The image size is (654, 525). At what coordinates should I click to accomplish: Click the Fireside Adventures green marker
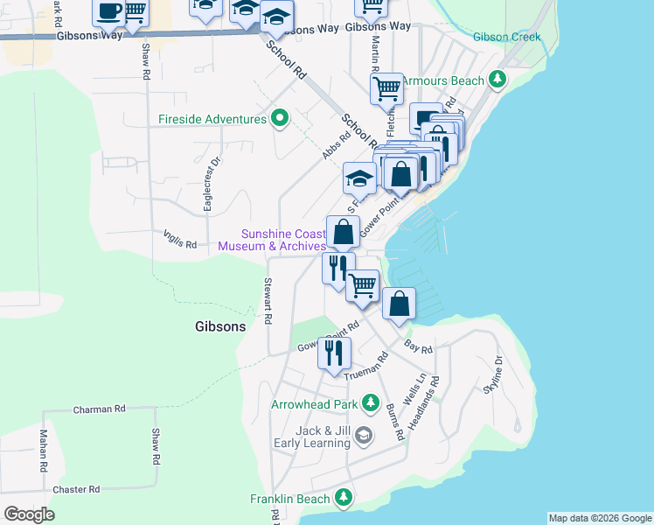tap(280, 119)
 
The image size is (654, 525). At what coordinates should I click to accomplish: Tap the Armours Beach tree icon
tap(497, 80)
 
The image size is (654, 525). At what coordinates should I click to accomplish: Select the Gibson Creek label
tap(506, 38)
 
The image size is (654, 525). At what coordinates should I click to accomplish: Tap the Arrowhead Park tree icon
tap(371, 404)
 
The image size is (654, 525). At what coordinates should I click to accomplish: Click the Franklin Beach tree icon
tap(344, 499)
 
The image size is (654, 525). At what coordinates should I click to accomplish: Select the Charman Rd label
tap(100, 409)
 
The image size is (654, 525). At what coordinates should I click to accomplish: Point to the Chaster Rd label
tap(76, 489)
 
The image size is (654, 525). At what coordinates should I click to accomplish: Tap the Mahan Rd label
tap(43, 451)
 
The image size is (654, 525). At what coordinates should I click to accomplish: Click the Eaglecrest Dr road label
tap(209, 185)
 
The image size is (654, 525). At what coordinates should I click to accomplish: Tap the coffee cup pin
tap(109, 10)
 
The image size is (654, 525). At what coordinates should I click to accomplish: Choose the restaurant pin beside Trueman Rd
tap(334, 352)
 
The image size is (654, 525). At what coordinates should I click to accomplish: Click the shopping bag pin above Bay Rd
tap(399, 304)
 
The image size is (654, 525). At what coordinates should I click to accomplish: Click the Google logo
tap(30, 514)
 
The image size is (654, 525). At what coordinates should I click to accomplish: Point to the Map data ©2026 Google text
tap(599, 518)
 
